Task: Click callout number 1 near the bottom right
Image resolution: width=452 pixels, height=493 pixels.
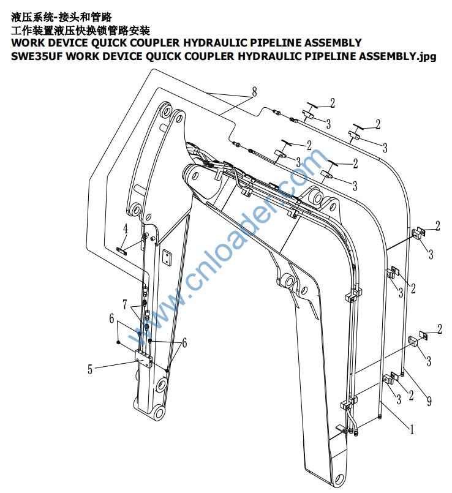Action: pos(412,430)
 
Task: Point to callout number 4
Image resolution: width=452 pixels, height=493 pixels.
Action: pos(125,229)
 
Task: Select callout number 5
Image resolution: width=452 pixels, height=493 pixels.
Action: pos(90,370)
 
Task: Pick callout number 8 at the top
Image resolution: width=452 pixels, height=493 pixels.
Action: pos(253,92)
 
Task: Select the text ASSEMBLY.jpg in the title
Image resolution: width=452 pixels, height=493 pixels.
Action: pos(397,57)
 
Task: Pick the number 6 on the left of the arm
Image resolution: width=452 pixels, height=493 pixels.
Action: pos(111,318)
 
